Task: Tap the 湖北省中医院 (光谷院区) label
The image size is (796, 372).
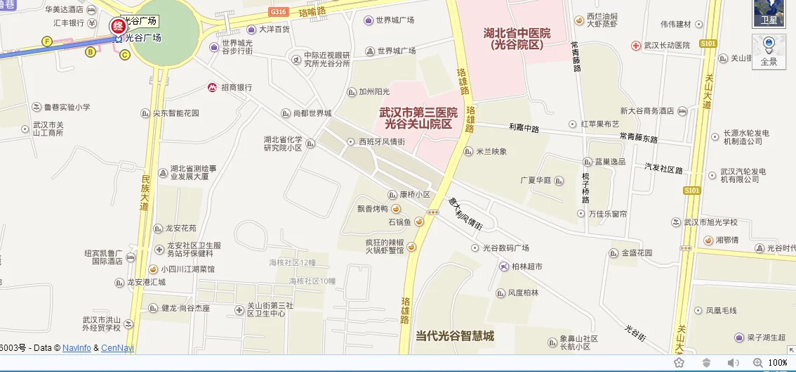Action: point(517,39)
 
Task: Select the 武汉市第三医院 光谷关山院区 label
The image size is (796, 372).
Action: point(418,118)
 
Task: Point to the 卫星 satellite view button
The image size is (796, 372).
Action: point(769,13)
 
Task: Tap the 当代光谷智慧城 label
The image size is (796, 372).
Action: point(455,336)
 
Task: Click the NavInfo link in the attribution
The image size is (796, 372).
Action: point(77,347)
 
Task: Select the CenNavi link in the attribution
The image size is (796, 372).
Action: point(117,347)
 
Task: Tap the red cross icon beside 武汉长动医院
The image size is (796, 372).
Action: point(635,45)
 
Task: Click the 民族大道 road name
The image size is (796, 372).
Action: point(145,193)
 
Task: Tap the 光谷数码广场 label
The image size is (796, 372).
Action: point(505,248)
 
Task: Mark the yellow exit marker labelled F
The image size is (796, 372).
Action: point(48,41)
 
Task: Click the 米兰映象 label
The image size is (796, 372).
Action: point(491,151)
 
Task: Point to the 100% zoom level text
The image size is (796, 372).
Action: point(777,362)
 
